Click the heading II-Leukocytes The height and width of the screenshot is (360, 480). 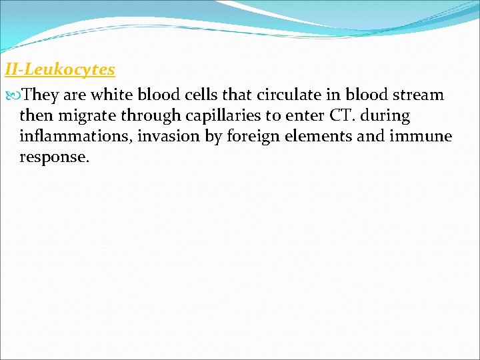coord(60,69)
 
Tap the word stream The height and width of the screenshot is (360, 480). coord(416,95)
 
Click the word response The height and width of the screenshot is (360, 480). coord(54,158)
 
